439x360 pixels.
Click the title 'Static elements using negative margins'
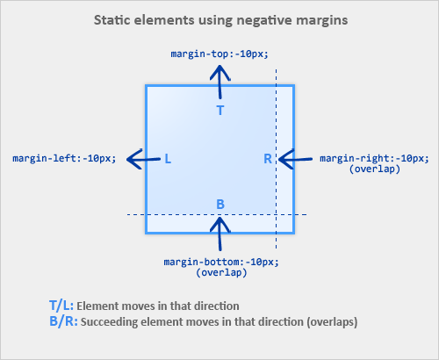tap(219, 18)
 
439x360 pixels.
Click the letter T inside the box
tap(220, 110)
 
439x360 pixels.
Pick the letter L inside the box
tap(167, 159)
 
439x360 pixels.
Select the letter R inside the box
tap(268, 159)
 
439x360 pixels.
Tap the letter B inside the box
tap(220, 205)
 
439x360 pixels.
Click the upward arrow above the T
tap(220, 83)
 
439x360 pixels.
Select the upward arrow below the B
tap(220, 234)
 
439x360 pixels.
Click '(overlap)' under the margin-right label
tap(375, 169)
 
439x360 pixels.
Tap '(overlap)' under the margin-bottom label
tap(220, 272)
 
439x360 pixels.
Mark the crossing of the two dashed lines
tap(277, 214)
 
